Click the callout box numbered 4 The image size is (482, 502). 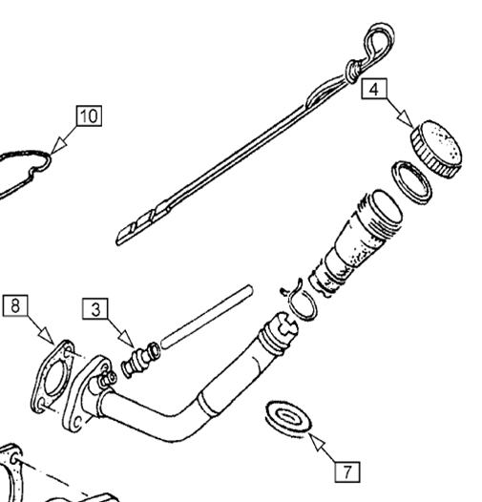pos(374,89)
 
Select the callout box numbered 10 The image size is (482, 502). pos(89,115)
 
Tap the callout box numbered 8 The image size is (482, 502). pos(15,305)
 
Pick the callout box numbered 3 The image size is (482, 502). pos(95,309)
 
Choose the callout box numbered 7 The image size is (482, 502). pos(347,471)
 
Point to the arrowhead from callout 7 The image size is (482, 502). pos(317,442)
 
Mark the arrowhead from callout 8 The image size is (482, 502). pos(47,336)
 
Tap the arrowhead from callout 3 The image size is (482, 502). pos(127,339)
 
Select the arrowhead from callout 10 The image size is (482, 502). pos(58,146)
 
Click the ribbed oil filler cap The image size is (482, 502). pos(437,149)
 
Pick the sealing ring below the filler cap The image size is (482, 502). pos(412,182)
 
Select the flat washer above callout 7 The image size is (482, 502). pos(288,419)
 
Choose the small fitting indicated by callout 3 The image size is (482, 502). pos(141,359)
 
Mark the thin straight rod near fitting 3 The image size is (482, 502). pos(207,316)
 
